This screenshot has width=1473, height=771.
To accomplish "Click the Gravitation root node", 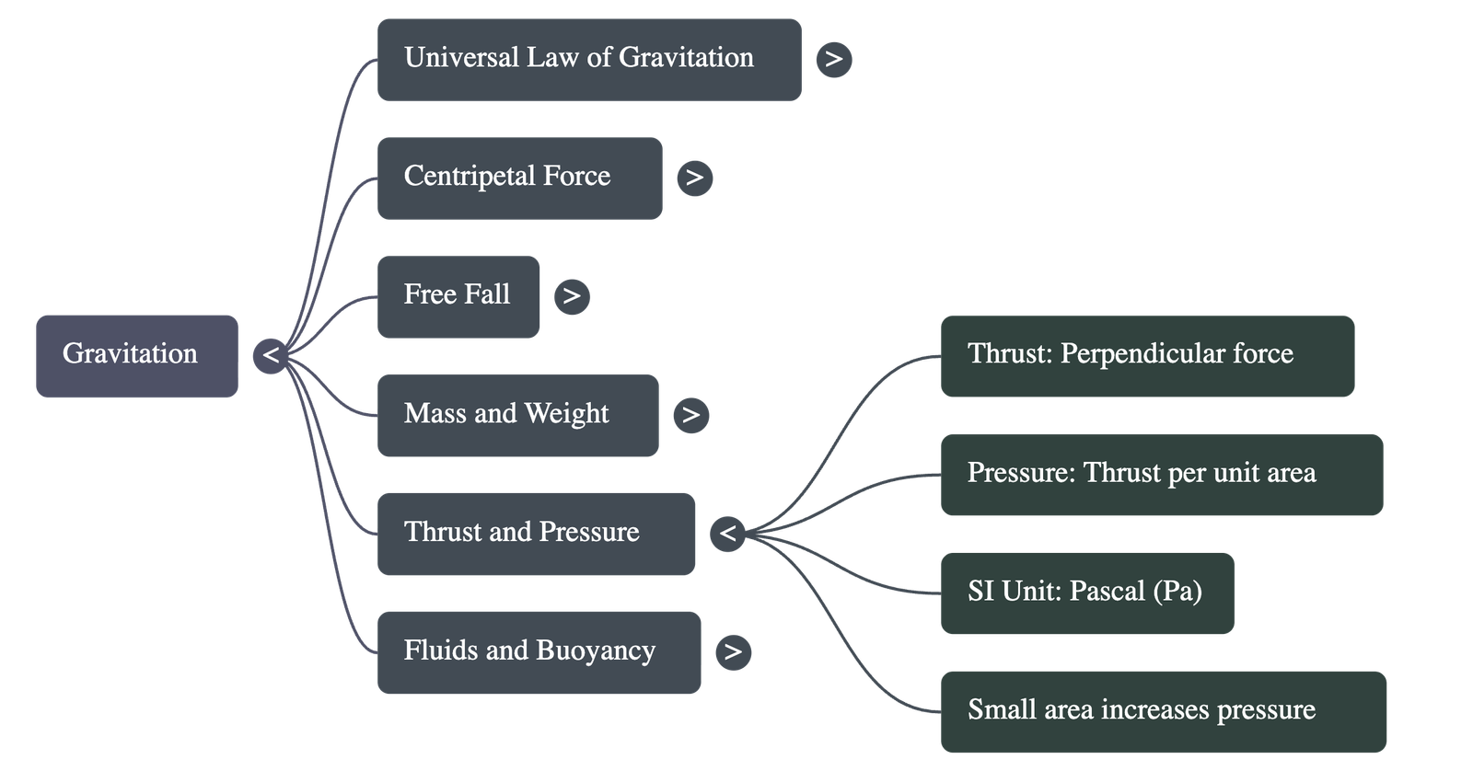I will (137, 356).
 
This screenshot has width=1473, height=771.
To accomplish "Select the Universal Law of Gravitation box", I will (589, 60).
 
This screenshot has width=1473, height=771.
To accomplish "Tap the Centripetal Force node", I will (519, 178).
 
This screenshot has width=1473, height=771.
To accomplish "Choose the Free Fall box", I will (458, 296).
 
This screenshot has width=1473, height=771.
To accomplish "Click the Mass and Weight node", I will (517, 415).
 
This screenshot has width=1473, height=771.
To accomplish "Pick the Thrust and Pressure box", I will (536, 534).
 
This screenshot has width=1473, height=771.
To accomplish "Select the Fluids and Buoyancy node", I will (539, 651).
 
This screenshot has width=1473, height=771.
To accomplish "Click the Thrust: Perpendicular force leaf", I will (1147, 356).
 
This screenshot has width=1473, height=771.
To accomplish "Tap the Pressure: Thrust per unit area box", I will (1161, 475).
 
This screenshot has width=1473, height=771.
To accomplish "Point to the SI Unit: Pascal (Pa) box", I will (1086, 593).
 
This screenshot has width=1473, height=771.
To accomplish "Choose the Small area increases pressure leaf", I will (1163, 711).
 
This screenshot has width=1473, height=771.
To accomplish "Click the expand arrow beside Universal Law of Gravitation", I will (834, 60).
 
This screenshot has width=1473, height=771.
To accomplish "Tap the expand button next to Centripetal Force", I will (695, 178).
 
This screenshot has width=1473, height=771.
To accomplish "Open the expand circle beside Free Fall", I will (572, 296).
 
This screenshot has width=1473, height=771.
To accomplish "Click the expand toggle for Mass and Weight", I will (691, 415).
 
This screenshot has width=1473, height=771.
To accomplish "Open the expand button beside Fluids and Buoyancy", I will (733, 652).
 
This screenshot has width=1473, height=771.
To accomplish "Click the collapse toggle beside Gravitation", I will (271, 355).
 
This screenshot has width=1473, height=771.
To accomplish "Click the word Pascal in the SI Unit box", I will (1106, 591).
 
